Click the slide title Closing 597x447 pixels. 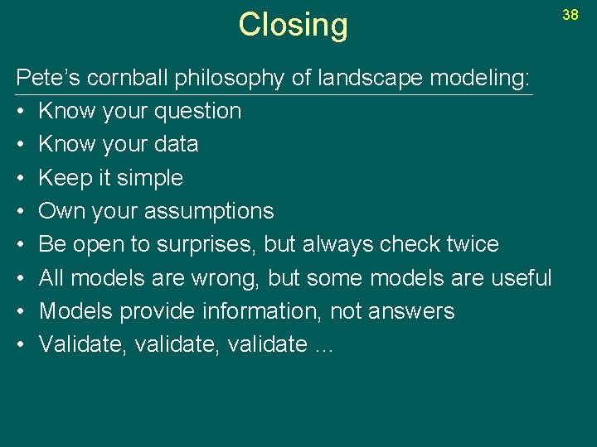click(x=293, y=26)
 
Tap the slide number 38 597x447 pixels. click(x=570, y=15)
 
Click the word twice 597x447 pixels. click(x=469, y=244)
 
